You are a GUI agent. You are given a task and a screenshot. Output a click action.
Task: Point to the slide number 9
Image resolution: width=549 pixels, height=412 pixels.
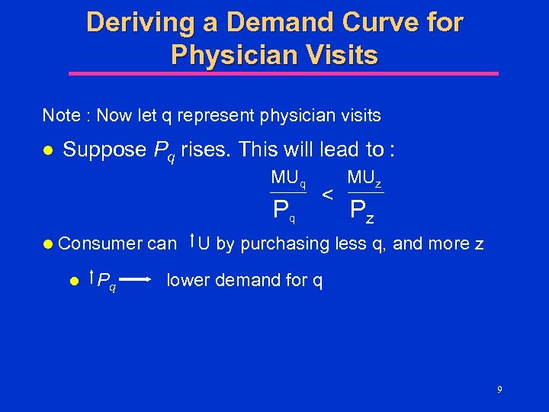(x=499, y=390)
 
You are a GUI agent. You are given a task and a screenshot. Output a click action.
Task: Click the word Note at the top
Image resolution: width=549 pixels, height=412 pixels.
(x=60, y=116)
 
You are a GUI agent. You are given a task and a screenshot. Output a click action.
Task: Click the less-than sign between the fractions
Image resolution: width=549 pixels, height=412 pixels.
(x=326, y=195)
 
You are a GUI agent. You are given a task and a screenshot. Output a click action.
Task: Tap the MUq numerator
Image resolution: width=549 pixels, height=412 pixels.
(x=289, y=179)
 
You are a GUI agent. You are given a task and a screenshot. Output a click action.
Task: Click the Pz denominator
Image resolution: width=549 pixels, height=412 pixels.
(x=362, y=210)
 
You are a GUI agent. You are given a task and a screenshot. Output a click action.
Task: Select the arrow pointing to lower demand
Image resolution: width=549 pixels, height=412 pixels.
(x=140, y=280)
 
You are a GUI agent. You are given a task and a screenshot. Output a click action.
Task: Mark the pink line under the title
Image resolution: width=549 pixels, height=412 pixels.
(x=284, y=74)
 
